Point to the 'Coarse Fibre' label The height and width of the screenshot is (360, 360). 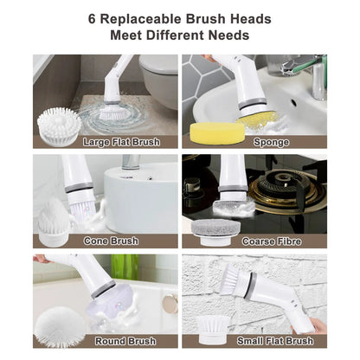272,241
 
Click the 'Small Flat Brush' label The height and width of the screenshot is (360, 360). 275,341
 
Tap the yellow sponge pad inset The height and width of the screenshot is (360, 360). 211,132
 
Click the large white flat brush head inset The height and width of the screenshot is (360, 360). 59,126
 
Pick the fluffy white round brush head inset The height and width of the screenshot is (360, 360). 60,326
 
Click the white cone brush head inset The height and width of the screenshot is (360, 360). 56,222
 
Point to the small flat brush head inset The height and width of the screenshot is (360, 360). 210,329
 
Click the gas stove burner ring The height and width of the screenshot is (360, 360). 291,189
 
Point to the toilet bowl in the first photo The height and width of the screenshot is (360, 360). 158,76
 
